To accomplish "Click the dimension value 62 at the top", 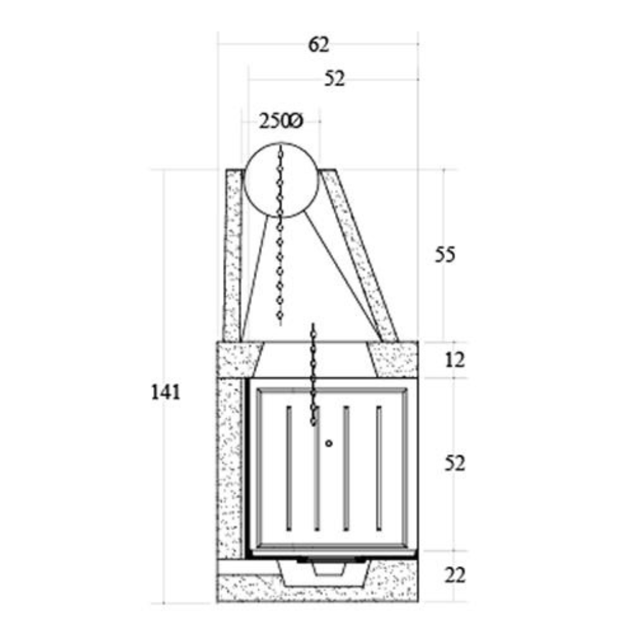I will coord(317,45).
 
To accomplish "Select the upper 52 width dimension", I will coord(334,79).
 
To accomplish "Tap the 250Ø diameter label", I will coord(281,122).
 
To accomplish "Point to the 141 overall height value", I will coord(166,392).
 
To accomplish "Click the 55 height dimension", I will coord(446,255).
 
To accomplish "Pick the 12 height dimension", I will coord(456,360).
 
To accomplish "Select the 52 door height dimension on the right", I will coord(455,463).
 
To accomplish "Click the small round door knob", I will coord(329,443).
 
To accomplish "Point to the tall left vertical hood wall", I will coord(232,256).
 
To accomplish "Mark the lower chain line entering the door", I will coord(313,375).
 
